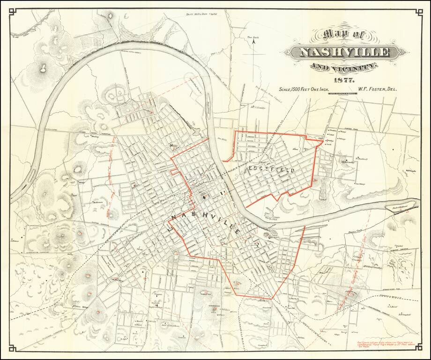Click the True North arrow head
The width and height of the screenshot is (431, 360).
(x=253, y=41)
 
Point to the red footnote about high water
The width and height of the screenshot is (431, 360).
(x=386, y=345)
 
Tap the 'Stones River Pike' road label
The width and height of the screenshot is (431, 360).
(x=394, y=290)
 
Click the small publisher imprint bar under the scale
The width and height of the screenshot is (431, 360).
(x=346, y=95)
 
